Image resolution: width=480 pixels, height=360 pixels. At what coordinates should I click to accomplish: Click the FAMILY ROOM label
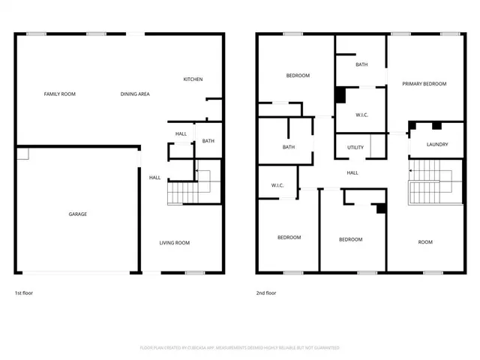click(x=59, y=94)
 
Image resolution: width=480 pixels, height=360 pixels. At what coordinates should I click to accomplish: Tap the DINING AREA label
click(x=136, y=94)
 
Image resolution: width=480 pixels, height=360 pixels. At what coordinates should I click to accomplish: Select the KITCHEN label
click(x=193, y=79)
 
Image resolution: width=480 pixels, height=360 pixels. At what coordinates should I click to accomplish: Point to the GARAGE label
click(x=78, y=214)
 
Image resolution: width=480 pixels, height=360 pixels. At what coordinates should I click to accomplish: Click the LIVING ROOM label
click(x=174, y=242)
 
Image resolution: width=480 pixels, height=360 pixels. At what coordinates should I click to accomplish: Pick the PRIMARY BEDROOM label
click(x=424, y=84)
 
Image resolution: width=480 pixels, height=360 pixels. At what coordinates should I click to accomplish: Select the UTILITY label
click(x=355, y=147)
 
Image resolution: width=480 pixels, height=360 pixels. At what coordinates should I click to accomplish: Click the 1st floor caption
click(x=24, y=292)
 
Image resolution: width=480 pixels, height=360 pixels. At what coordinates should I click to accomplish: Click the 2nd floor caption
click(x=266, y=292)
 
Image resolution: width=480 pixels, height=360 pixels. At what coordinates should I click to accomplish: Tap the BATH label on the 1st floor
click(x=208, y=141)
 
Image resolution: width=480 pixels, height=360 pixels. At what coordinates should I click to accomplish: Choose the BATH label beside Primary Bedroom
click(x=361, y=64)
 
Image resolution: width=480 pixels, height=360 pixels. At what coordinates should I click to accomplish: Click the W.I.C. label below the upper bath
click(x=361, y=114)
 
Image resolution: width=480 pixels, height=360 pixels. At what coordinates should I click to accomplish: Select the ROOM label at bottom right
click(x=425, y=241)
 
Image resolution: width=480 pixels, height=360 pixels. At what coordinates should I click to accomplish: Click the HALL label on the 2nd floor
click(x=352, y=173)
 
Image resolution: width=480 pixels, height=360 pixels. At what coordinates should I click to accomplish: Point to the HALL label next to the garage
click(x=154, y=178)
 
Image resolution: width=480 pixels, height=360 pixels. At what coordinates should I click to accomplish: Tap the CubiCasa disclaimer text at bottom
click(x=239, y=348)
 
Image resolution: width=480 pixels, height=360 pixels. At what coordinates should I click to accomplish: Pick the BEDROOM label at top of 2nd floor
click(x=298, y=76)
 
